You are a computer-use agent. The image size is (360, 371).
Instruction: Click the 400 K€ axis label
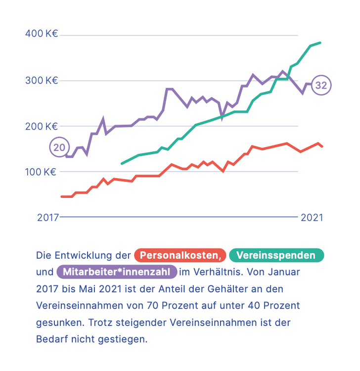click(41, 35)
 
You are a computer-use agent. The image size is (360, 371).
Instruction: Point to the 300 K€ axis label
click(41, 80)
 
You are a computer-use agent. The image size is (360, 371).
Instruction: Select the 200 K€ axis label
click(41, 126)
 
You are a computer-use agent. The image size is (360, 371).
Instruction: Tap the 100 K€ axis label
click(41, 172)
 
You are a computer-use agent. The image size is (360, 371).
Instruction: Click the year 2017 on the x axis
click(47, 217)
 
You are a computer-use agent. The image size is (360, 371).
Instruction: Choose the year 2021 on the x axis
click(312, 217)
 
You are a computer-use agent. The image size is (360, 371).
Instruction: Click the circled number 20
click(59, 147)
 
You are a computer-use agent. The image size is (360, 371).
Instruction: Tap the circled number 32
click(321, 85)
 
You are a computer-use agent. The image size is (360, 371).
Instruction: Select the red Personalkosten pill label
click(180, 255)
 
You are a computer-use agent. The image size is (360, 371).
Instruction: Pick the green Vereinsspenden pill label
click(275, 255)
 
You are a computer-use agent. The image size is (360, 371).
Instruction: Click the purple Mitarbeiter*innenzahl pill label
click(117, 272)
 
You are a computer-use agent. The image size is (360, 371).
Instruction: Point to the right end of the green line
click(320, 43)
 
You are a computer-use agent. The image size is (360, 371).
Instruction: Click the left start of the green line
click(122, 163)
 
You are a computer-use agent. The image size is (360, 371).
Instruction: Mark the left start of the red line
click(62, 196)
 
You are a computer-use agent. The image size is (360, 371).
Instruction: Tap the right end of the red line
click(322, 146)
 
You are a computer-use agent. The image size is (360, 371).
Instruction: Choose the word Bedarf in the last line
click(50, 340)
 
